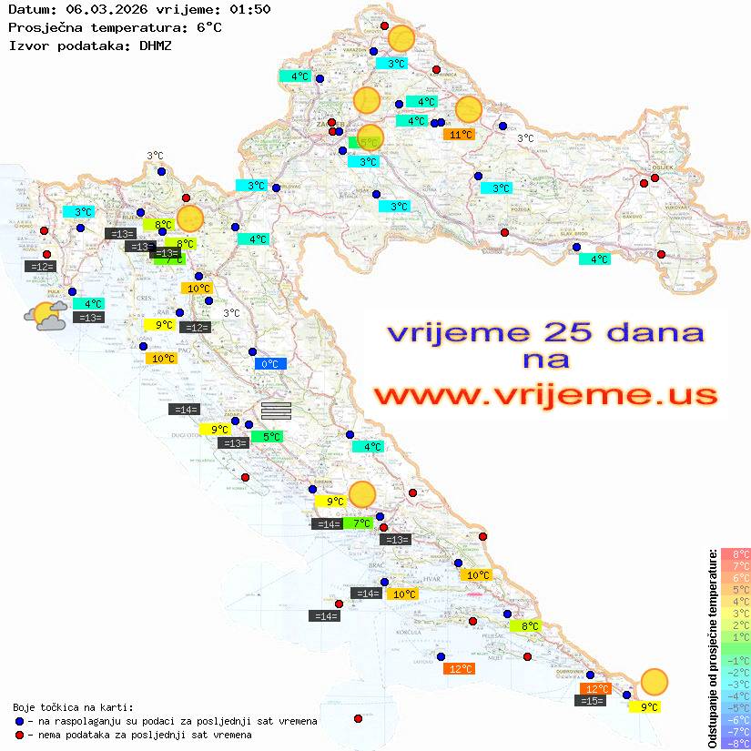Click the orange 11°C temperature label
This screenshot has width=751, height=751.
coord(459,135)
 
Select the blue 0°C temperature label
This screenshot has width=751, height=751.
coord(269,364)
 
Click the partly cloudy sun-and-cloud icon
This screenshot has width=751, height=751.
coord(46,317)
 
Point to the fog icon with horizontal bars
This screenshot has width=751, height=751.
coord(276,411)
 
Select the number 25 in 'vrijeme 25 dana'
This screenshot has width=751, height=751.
coord(551,331)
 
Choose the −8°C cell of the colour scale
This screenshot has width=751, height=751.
coord(735,744)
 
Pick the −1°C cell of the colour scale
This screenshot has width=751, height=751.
coord(735,661)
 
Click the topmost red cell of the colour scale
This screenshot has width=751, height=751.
coord(735,554)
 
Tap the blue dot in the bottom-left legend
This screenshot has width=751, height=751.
coord(19,721)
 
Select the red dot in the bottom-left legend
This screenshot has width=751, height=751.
coord(19,735)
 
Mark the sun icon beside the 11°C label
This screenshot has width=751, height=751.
coord(468,109)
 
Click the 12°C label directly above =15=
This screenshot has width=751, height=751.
coord(596,689)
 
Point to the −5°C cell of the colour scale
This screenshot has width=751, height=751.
coord(735,708)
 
